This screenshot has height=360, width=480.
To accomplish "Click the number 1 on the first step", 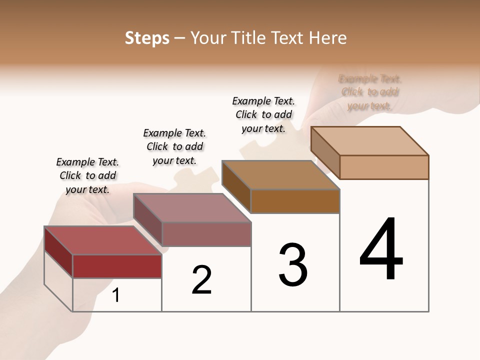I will pos(116,295).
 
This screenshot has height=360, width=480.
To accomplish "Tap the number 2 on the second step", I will pos(201,279).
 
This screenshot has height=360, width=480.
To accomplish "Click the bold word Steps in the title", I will pos(147,38).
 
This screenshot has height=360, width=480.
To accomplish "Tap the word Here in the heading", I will pos(328,38).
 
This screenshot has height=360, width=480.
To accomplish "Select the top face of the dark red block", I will pos(102,240).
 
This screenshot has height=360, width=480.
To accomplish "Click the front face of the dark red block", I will pos(117,266).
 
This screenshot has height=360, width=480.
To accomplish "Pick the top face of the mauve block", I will pos(191,207).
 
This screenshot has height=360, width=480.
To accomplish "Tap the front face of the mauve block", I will pos(206,234).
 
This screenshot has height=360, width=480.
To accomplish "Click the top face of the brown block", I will pos(280,175).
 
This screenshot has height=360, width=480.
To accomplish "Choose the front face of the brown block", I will pos(295,201).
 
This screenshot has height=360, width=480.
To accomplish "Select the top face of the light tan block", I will pos(369,140).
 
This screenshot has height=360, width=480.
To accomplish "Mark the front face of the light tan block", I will pos(384,167).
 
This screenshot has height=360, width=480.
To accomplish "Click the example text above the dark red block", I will pos(87,175).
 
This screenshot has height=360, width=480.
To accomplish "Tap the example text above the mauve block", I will pos(174,146).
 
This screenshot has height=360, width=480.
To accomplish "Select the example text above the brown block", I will pos(263,114).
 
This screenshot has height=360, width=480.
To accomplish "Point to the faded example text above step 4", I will pos(370,92).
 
